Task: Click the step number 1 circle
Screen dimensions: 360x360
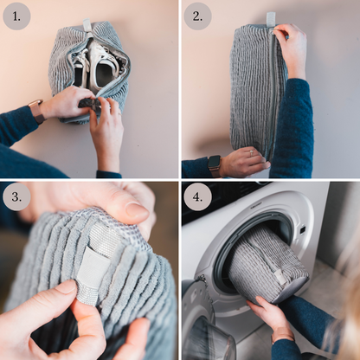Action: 16,16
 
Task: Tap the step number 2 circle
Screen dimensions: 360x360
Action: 197,16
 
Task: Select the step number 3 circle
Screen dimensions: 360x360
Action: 16,197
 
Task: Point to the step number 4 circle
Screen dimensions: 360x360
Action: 197,197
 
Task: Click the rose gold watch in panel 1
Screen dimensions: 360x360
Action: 37,112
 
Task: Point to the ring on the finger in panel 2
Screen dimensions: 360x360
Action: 251,153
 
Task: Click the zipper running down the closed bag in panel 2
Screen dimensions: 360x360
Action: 272,93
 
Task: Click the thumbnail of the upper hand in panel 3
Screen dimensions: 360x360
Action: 137,210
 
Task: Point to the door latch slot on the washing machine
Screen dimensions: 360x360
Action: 303,230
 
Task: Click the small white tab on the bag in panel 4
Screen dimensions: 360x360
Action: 279,275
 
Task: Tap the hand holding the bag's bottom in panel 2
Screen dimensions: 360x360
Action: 245,160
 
